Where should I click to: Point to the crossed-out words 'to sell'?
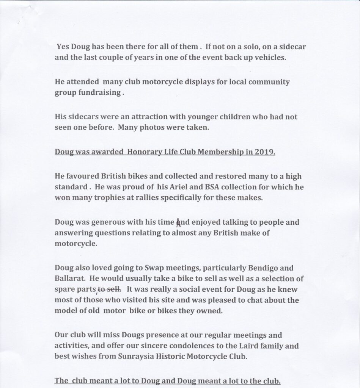coord(109,289)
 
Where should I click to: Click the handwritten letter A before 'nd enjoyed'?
coord(177,222)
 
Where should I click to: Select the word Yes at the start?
coord(63,47)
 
